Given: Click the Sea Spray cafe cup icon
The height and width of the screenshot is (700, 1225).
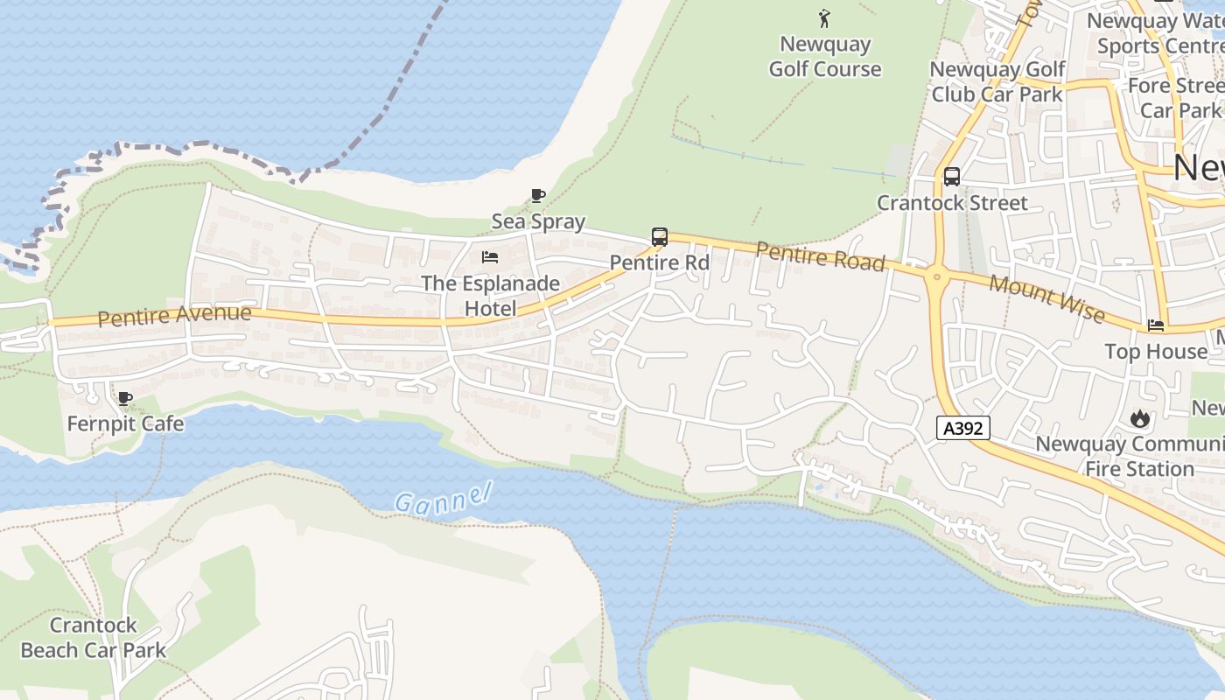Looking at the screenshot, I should coord(538,195).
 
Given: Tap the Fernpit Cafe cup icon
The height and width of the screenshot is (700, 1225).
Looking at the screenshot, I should coord(125,399).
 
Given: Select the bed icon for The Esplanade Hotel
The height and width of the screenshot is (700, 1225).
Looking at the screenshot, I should coord(490,257).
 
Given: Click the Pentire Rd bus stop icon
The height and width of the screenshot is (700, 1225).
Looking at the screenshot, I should coord(660,236).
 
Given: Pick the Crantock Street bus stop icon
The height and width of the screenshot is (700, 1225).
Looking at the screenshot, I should coord(952,176).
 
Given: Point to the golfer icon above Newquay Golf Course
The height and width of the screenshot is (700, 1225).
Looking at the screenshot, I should coord(824,17).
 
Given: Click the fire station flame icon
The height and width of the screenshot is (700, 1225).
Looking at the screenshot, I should coord(1139,418).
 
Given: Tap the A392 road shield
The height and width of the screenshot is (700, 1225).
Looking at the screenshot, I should coord(963,428).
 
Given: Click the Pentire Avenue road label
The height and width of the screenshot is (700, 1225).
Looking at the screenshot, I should coord(174,315).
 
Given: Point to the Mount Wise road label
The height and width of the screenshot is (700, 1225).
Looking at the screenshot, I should coord(1046,297).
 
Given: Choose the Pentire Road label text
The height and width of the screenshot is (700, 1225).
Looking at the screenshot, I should coord(820,256).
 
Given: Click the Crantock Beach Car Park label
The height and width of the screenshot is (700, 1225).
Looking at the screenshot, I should coord(94,638).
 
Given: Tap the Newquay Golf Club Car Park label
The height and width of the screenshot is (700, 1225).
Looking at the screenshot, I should coord(997,81).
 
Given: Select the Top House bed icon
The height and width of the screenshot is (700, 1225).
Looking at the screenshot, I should coord(1156,325).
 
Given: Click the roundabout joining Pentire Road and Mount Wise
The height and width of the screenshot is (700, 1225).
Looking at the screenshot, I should coord(937,278).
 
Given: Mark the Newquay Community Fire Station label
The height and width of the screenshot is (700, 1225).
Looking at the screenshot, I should coord(1130,456).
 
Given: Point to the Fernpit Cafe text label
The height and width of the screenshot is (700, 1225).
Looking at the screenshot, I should coord(125,424).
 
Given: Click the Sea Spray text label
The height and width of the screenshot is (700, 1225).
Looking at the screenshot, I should coord(538,221).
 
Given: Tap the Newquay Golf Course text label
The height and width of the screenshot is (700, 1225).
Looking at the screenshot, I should coord(825,57).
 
